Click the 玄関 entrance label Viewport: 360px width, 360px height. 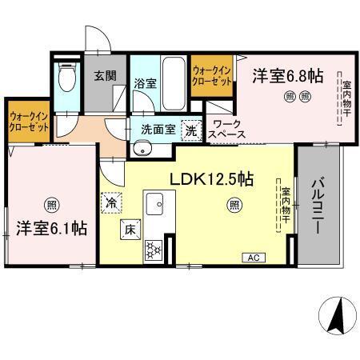pyautogui.click(x=104, y=76)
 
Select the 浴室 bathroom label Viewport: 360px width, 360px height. pyautogui.click(x=144, y=82)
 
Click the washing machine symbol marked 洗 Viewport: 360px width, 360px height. pyautogui.click(x=191, y=128)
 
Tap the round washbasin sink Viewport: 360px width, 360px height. pyautogui.click(x=142, y=146)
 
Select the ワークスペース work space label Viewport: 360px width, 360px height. pyautogui.click(x=227, y=130)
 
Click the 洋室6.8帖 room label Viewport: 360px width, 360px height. pyautogui.click(x=288, y=76)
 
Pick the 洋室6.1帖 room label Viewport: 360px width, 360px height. pyautogui.click(x=51, y=226)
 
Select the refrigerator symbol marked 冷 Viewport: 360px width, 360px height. pyautogui.click(x=111, y=202)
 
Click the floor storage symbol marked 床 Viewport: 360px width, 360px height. pyautogui.click(x=129, y=231)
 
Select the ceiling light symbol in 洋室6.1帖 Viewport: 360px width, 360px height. pyautogui.click(x=51, y=201)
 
